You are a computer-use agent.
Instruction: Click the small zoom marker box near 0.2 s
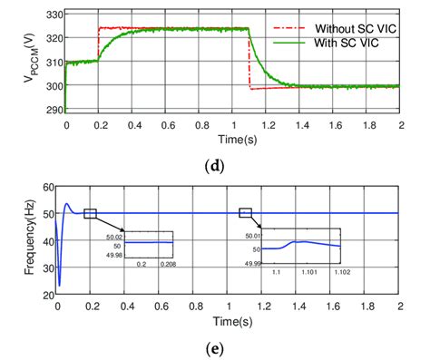(x=90, y=213)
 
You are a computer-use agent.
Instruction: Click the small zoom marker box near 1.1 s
(x=245, y=213)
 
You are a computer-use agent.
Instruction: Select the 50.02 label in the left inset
(x=113, y=235)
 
